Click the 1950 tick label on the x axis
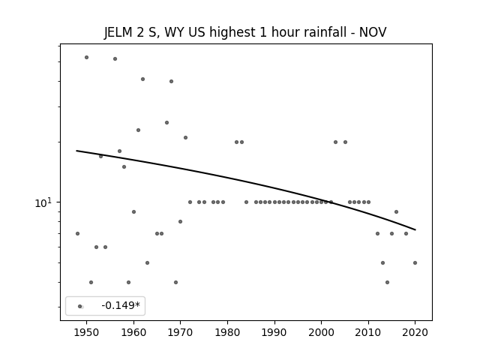click(x=87, y=332)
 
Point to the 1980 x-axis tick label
click(x=227, y=332)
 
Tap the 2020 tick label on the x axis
click(x=415, y=332)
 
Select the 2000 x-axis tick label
click(x=321, y=332)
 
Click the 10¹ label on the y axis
click(x=43, y=202)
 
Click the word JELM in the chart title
click(x=118, y=32)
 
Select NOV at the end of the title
click(x=373, y=32)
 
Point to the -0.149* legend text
click(x=121, y=305)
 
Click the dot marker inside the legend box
click(x=80, y=306)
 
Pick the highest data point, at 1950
click(x=87, y=57)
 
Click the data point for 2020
click(x=415, y=262)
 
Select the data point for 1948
click(x=77, y=233)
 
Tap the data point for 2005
click(x=345, y=142)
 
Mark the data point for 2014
click(x=387, y=282)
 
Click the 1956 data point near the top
click(x=115, y=58)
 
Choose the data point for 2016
click(x=397, y=211)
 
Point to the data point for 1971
click(x=185, y=137)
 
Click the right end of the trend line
click(x=415, y=229)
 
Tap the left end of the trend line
click(x=76, y=151)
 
